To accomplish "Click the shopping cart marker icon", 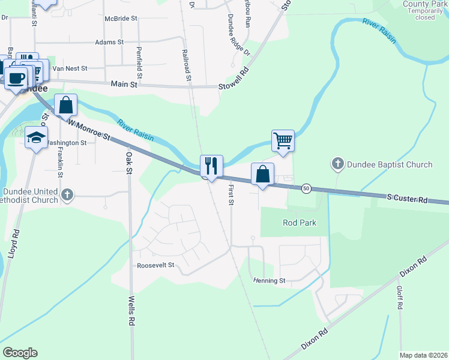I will click(283, 141).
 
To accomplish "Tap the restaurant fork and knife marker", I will click(211, 166).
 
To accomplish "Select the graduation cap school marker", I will click(36, 137).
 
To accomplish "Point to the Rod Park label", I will click(299, 223).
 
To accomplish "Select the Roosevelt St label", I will click(155, 265).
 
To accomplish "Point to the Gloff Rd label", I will click(399, 297).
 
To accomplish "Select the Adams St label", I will click(109, 43).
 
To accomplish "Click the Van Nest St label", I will click(70, 68).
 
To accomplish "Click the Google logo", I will click(20, 353).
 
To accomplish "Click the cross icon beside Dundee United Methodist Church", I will click(67, 194).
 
